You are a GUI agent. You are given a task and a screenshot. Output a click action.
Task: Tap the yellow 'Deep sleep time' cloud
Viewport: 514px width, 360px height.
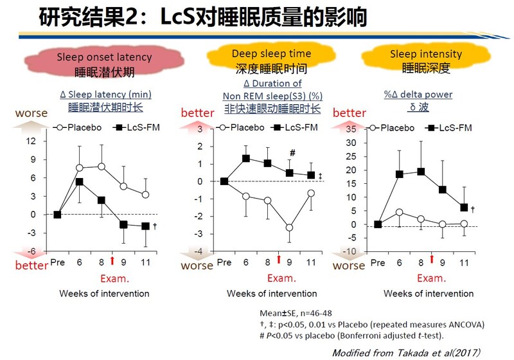pos(271,60)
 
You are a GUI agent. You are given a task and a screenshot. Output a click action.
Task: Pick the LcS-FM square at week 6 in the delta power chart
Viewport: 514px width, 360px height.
pos(400,174)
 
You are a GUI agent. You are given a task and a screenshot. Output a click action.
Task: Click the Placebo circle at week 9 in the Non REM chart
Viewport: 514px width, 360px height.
pos(290,228)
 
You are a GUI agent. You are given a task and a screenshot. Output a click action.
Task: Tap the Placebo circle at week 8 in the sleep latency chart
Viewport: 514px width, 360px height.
pos(102,166)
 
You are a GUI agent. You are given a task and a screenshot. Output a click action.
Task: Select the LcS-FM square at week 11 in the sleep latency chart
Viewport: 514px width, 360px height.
pos(146,226)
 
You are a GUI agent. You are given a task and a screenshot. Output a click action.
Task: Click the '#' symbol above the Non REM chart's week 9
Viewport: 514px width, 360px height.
pos(292,153)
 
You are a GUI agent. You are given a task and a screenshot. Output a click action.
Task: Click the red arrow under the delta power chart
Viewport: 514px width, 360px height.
pos(432,259)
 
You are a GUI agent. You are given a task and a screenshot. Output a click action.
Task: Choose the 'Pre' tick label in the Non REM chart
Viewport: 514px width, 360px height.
pos(224,262)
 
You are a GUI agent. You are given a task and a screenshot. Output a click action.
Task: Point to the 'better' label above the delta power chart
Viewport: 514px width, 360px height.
pos(349,113)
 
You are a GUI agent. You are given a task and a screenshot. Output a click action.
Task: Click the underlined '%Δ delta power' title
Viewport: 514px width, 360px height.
pos(418,94)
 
